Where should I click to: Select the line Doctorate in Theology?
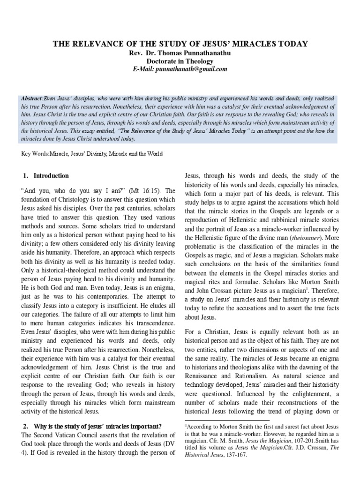coord(180,61)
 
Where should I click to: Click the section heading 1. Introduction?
coord(45,176)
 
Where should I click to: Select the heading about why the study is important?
coord(92,426)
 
